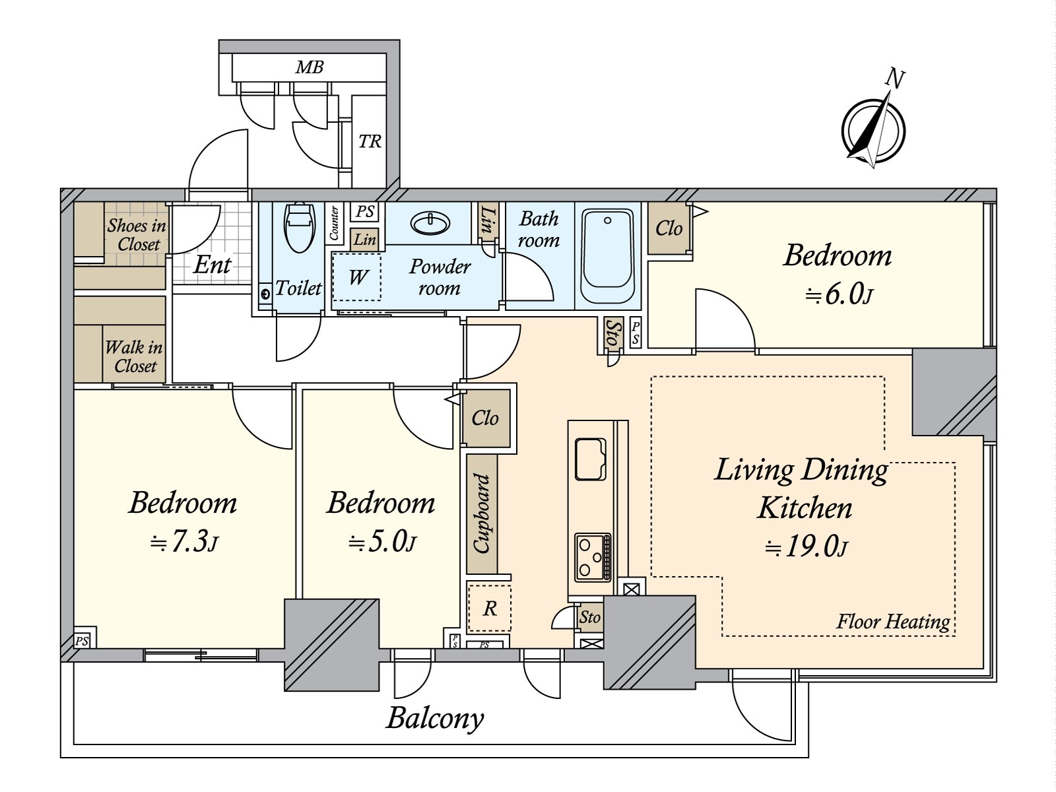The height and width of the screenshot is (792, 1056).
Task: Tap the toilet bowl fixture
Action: click(298, 227)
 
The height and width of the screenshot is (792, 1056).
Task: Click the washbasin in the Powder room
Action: click(430, 222)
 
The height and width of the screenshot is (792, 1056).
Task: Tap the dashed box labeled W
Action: click(356, 277)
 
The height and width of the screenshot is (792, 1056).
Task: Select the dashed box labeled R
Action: click(489, 608)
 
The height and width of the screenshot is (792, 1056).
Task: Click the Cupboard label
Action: click(482, 513)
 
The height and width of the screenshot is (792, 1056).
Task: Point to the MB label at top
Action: click(309, 67)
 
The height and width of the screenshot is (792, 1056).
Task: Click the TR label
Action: click(370, 141)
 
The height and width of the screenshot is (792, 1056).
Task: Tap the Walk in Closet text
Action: click(134, 356)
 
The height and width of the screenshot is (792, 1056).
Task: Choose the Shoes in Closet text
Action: click(137, 234)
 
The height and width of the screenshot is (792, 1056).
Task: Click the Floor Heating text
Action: click(893, 621)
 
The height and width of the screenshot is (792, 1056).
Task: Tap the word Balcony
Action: click(435, 718)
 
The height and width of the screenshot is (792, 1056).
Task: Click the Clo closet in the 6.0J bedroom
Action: click(668, 228)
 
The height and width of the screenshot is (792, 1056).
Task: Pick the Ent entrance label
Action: click(212, 265)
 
